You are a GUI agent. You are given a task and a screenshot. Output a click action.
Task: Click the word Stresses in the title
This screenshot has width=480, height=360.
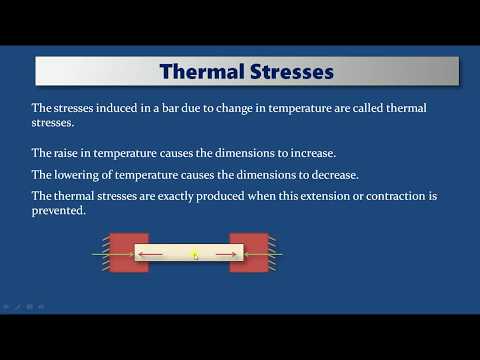290,72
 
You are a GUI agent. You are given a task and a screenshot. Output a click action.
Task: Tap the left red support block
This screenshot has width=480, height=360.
129,254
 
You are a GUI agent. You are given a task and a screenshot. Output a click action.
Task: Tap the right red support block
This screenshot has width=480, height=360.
249,254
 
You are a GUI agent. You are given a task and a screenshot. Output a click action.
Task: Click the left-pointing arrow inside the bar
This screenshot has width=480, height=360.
153,255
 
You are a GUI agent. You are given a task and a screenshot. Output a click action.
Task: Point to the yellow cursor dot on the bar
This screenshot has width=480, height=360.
194,255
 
